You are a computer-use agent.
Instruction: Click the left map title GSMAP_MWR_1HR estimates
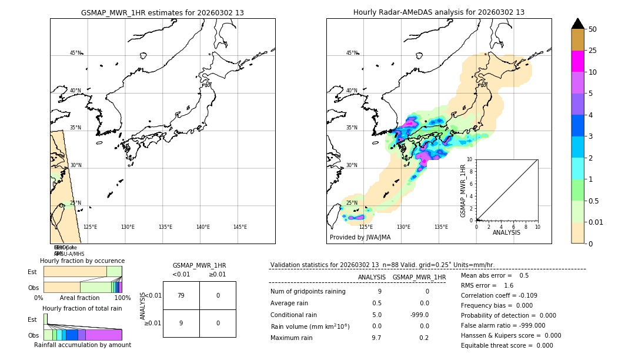[162, 12]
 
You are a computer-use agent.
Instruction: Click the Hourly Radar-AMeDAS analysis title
[439, 12]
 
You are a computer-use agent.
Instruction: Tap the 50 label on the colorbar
[593, 29]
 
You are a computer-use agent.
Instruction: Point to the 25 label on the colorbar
[593, 51]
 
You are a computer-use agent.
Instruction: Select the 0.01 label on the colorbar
[596, 222]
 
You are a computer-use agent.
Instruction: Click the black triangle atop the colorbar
[578, 24]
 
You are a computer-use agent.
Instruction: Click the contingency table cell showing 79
[181, 295]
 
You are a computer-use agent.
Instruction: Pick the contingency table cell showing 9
[181, 323]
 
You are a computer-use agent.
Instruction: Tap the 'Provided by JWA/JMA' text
[360, 237]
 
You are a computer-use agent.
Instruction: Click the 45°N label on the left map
[75, 53]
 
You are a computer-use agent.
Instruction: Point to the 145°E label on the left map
[240, 227]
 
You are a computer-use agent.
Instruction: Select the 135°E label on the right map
[441, 227]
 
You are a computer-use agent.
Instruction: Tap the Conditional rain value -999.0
[419, 314]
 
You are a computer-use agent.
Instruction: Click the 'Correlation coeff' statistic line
[499, 295]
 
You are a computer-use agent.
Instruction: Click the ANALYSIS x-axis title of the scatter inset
[507, 232]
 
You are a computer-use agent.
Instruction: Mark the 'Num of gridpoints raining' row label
[308, 291]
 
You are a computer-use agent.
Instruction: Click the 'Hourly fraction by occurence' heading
[82, 261]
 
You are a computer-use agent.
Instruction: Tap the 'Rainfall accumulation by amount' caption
[82, 345]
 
